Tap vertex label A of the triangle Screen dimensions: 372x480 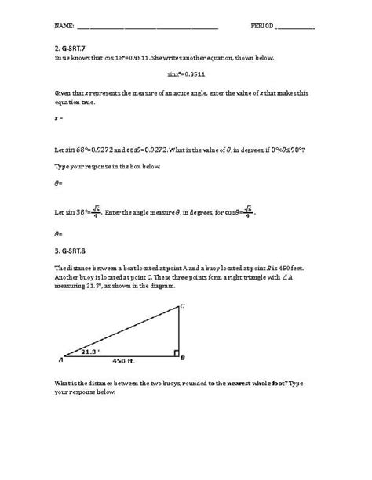click(60, 359)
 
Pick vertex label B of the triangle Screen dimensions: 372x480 click(182, 359)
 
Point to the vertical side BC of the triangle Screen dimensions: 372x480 click(177, 333)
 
